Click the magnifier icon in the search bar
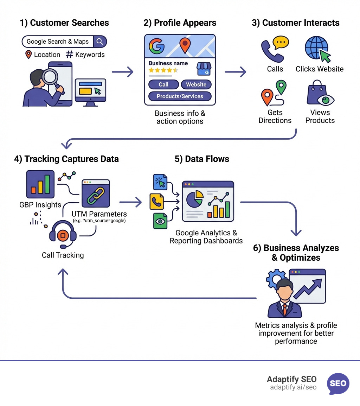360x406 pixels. tap(100, 42)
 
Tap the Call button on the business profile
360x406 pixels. tap(163, 84)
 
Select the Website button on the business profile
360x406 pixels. tap(196, 84)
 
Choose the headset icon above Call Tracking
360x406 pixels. tap(63, 234)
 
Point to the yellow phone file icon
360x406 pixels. tap(156, 202)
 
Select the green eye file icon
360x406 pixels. tap(160, 221)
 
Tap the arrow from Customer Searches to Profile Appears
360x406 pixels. tap(123, 72)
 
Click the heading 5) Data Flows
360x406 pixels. tap(202, 159)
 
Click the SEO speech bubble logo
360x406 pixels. tap(338, 383)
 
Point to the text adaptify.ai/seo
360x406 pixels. tap(293, 387)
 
